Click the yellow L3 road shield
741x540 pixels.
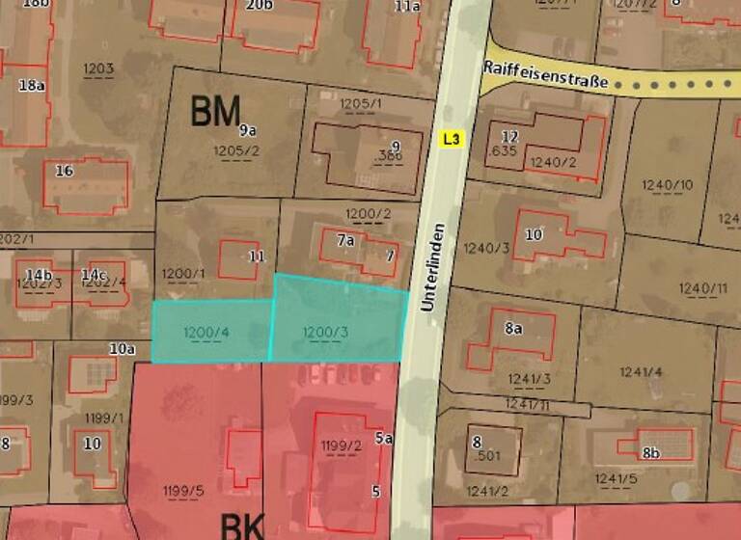(x=452, y=139)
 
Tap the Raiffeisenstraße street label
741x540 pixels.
(x=545, y=75)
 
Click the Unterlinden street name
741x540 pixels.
(x=433, y=267)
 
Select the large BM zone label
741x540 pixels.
(x=214, y=113)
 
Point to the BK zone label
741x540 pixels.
(x=242, y=526)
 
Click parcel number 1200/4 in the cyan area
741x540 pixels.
(x=206, y=333)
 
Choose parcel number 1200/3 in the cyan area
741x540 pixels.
(x=326, y=333)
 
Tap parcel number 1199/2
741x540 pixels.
(x=342, y=445)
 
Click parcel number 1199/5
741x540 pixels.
(x=184, y=490)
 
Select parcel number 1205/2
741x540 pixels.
(x=235, y=150)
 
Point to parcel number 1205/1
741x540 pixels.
(x=361, y=103)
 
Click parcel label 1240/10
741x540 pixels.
(x=667, y=184)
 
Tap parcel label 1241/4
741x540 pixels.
(x=642, y=371)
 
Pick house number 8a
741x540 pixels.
(x=513, y=328)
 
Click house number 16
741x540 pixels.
(x=64, y=171)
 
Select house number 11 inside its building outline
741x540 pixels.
(x=256, y=256)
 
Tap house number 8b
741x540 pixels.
(x=651, y=452)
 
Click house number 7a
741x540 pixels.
(x=345, y=240)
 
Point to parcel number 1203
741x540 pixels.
(x=98, y=68)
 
